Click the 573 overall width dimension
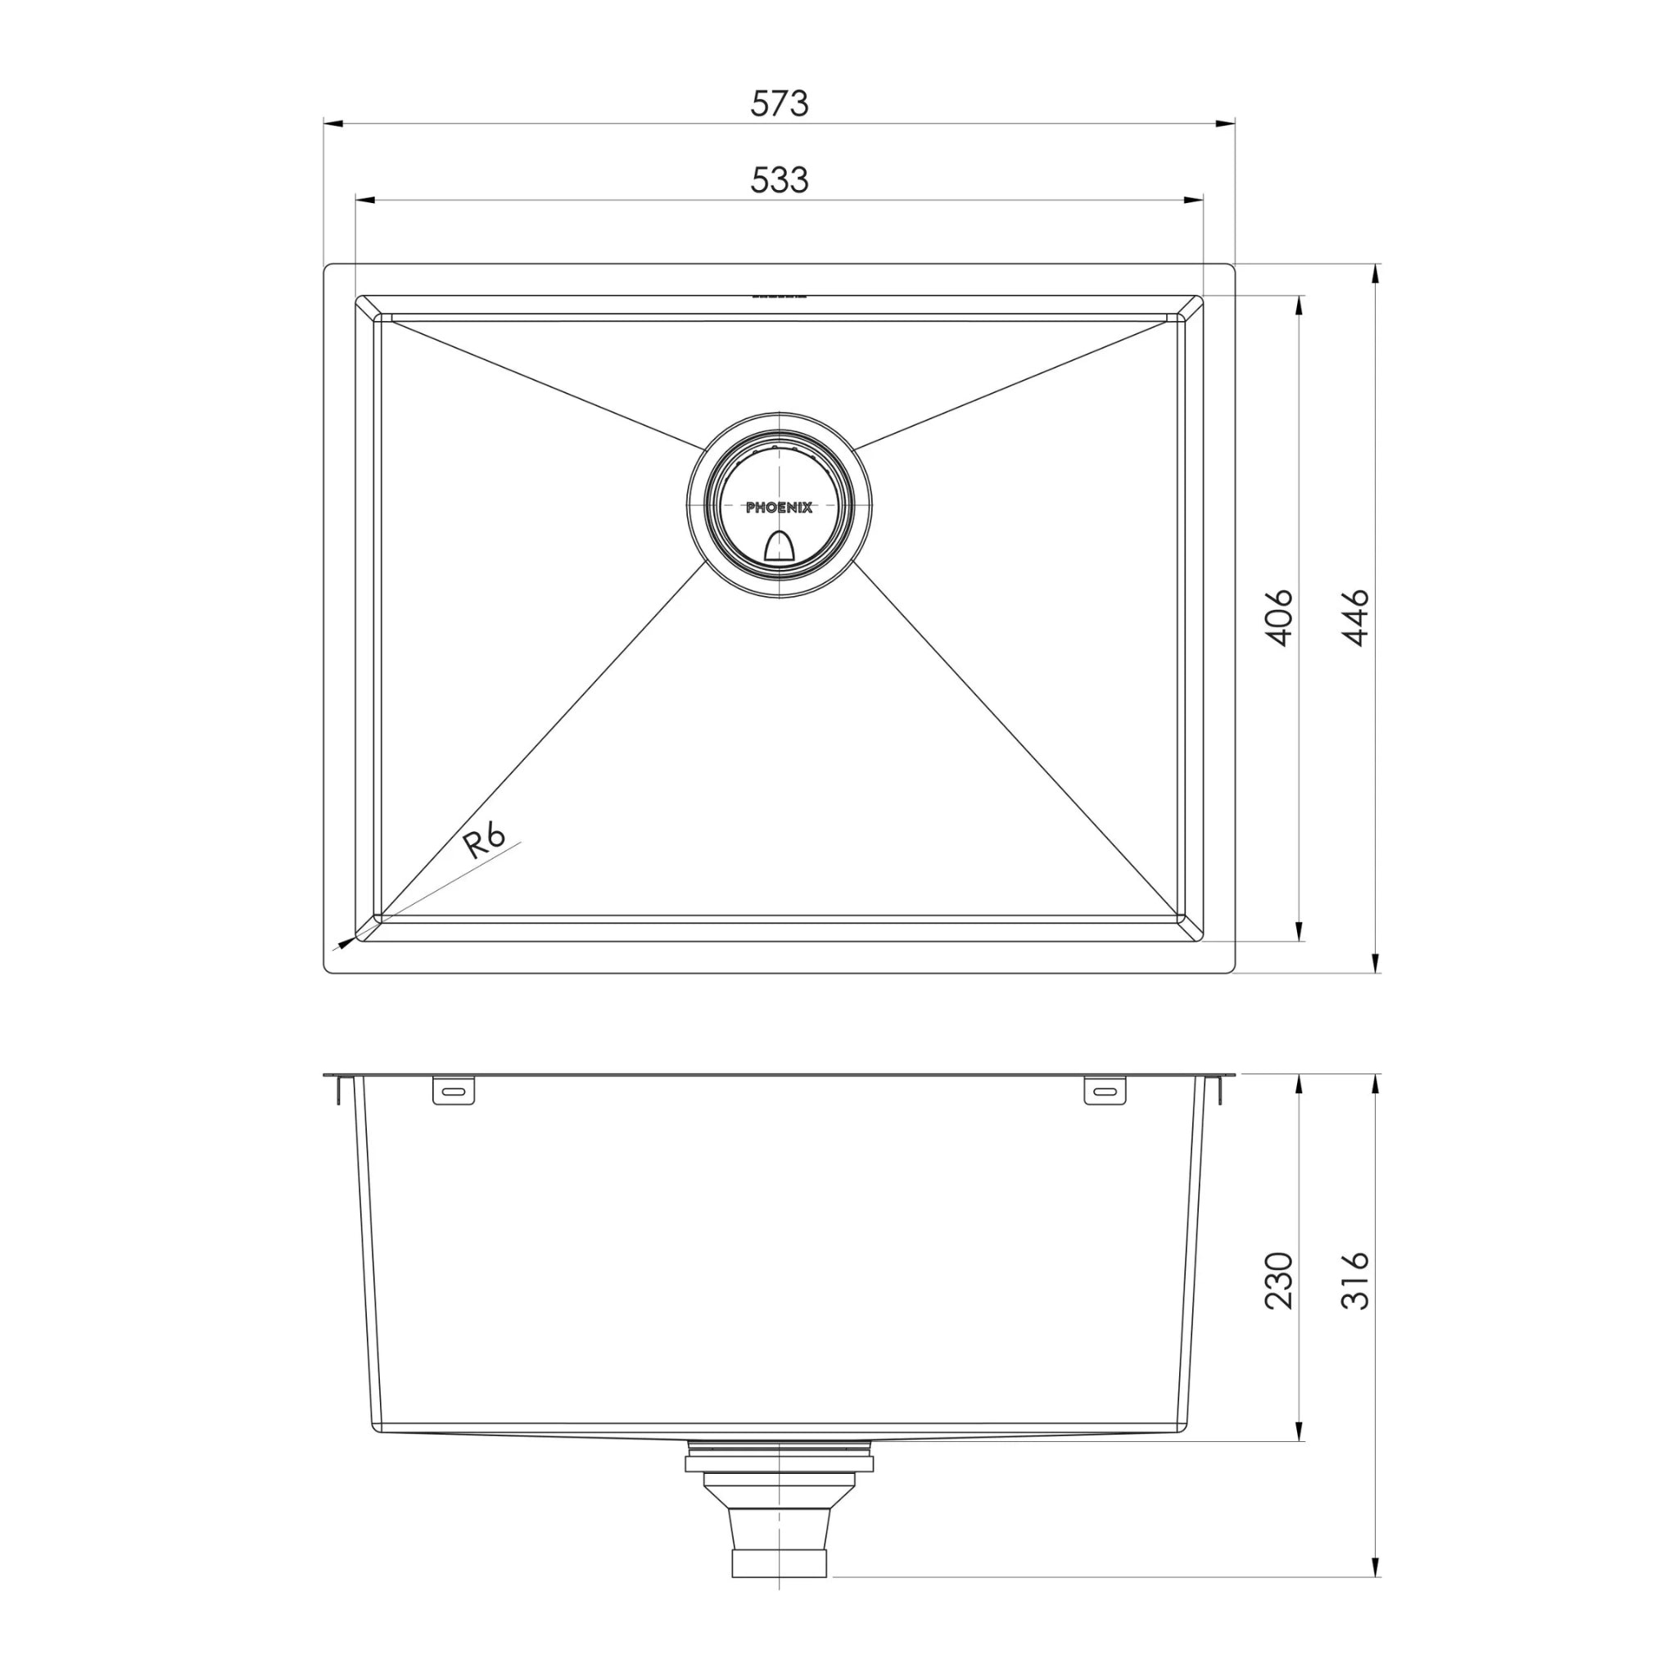tap(779, 103)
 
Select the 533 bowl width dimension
tap(779, 179)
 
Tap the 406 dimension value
tap(1278, 618)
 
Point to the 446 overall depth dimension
tap(1355, 618)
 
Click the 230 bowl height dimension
tap(1278, 1281)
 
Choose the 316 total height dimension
tap(1355, 1281)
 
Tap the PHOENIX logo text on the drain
tap(779, 508)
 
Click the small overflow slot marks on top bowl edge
tap(779, 295)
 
